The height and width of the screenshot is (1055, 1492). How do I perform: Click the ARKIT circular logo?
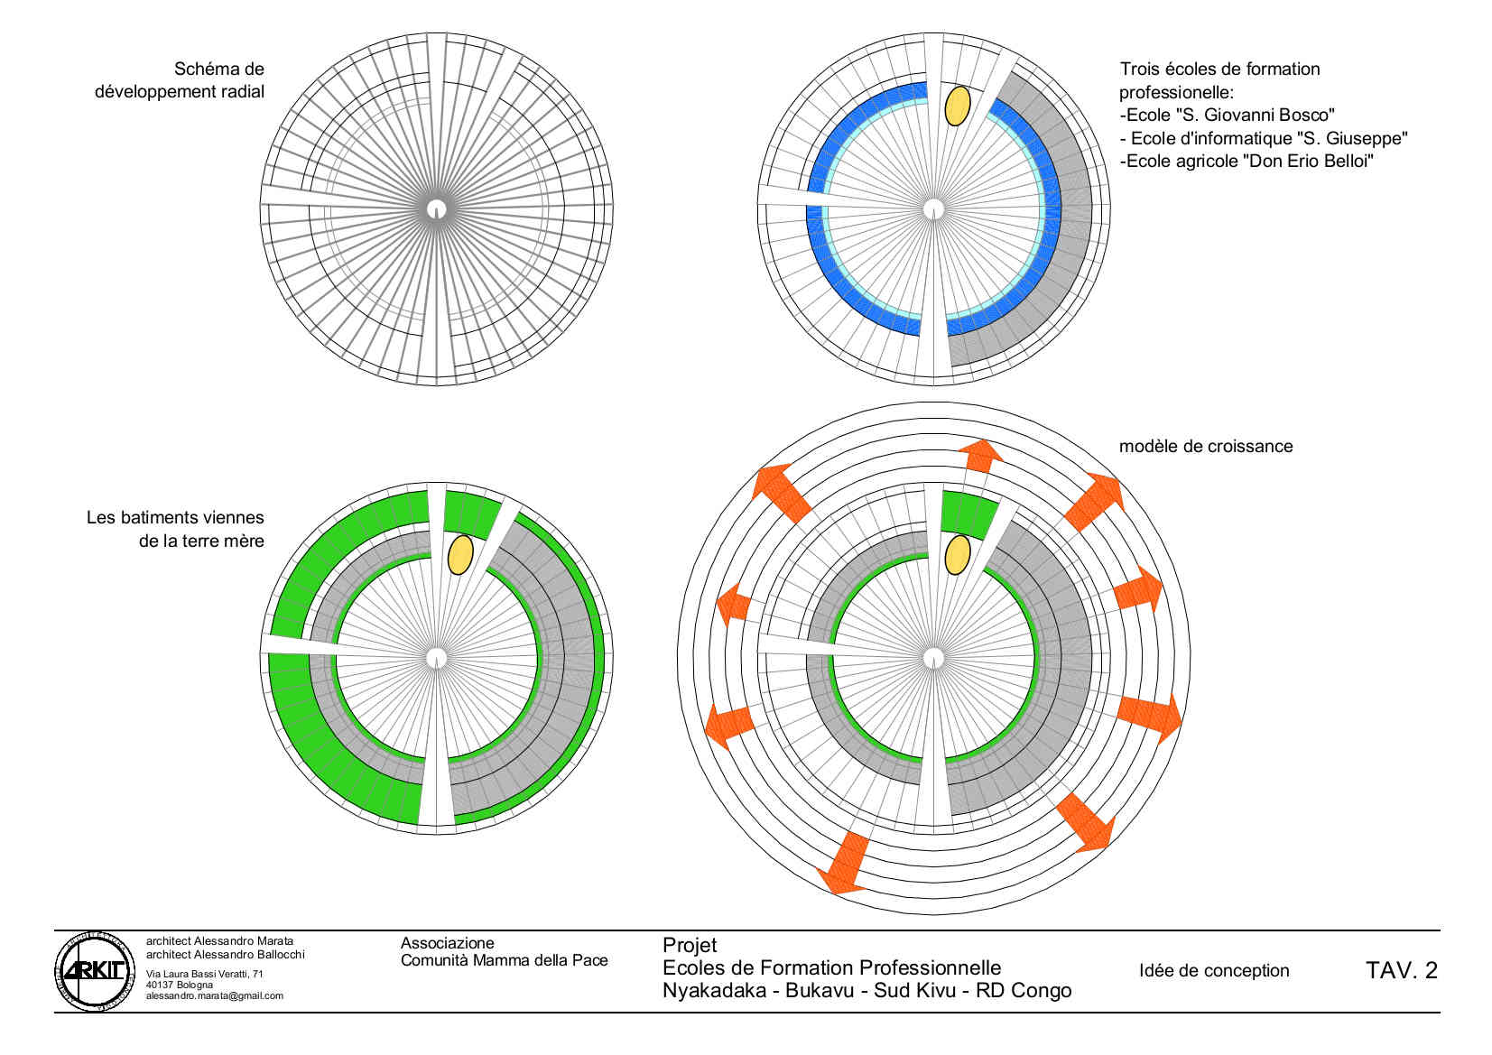95,971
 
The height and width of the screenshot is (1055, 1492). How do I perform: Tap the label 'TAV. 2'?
1402,970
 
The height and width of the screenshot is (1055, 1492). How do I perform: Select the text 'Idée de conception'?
1214,971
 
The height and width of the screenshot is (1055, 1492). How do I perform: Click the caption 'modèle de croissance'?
1206,446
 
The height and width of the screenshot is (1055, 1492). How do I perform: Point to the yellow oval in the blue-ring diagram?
958,106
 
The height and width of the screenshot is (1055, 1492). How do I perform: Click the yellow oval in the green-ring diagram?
460,554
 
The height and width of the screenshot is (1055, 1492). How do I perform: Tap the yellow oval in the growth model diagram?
958,554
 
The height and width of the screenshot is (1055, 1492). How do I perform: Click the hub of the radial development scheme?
436,209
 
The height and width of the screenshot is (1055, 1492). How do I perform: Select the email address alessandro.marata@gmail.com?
215,995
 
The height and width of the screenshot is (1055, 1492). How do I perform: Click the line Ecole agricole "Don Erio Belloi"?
1246,162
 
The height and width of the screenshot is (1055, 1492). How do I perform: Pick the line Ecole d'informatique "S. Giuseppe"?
1264,139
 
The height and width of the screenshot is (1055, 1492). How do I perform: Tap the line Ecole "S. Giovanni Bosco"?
1227,116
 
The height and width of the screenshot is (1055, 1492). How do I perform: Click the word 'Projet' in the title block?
690,945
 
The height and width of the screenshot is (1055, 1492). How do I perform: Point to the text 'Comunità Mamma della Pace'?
505,960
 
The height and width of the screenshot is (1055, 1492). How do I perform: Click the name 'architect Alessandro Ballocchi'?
225,955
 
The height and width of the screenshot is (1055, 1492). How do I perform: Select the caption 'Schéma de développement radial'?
180,80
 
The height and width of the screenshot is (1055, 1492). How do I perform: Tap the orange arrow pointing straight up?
980,456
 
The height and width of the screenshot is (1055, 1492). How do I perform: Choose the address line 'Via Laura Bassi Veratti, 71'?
205,974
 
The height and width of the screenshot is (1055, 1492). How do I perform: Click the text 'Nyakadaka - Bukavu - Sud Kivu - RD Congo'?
866,990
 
